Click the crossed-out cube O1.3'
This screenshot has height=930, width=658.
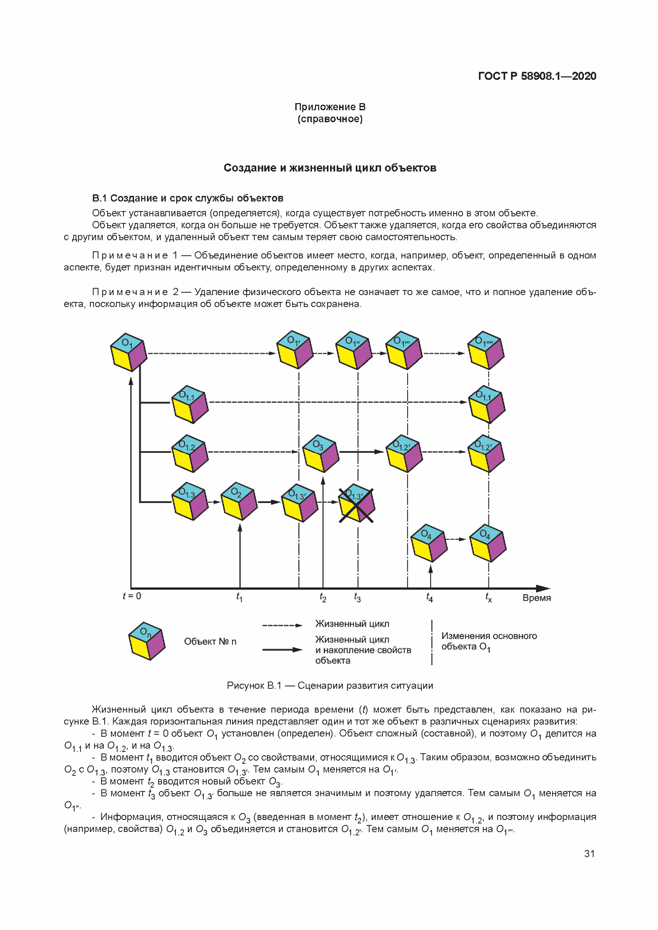tap(356, 503)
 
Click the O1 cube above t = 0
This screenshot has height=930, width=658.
tap(128, 352)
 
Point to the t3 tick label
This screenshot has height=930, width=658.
tap(357, 598)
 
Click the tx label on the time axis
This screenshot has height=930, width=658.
tap(488, 598)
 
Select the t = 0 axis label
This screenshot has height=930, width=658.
tap(132, 596)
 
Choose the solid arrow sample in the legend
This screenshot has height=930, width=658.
tap(282, 650)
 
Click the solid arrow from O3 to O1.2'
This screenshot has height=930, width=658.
tap(361, 452)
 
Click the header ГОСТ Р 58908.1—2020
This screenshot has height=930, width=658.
tap(537, 76)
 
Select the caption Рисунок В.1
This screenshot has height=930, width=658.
tap(329, 685)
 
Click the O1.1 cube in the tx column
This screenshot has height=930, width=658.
tap(487, 404)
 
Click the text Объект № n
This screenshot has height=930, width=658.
tap(210, 641)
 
